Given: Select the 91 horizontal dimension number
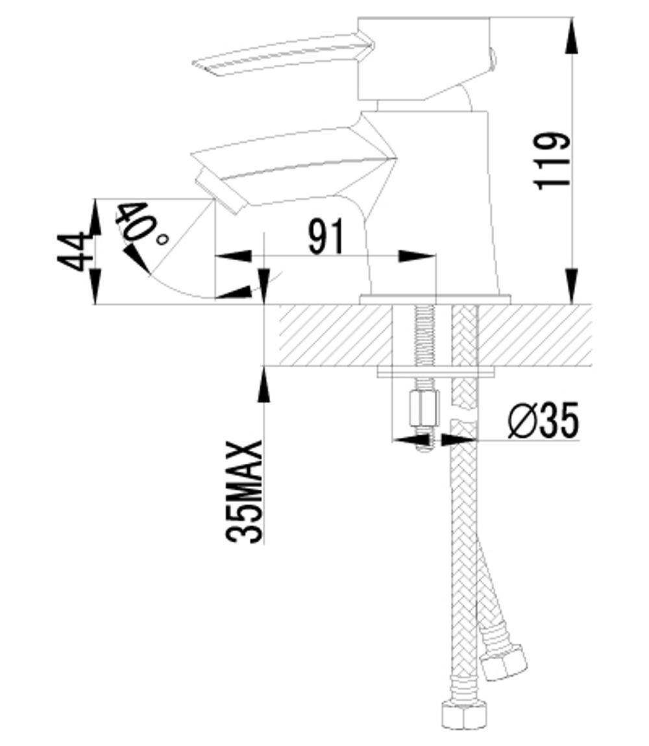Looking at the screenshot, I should [326, 237].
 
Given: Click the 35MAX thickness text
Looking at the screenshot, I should [245, 491].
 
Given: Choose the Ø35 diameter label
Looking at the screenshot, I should [543, 421].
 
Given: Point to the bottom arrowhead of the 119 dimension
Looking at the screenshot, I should [571, 289].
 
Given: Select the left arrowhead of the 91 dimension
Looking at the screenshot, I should [233, 256].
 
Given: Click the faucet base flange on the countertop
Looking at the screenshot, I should [435, 299].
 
